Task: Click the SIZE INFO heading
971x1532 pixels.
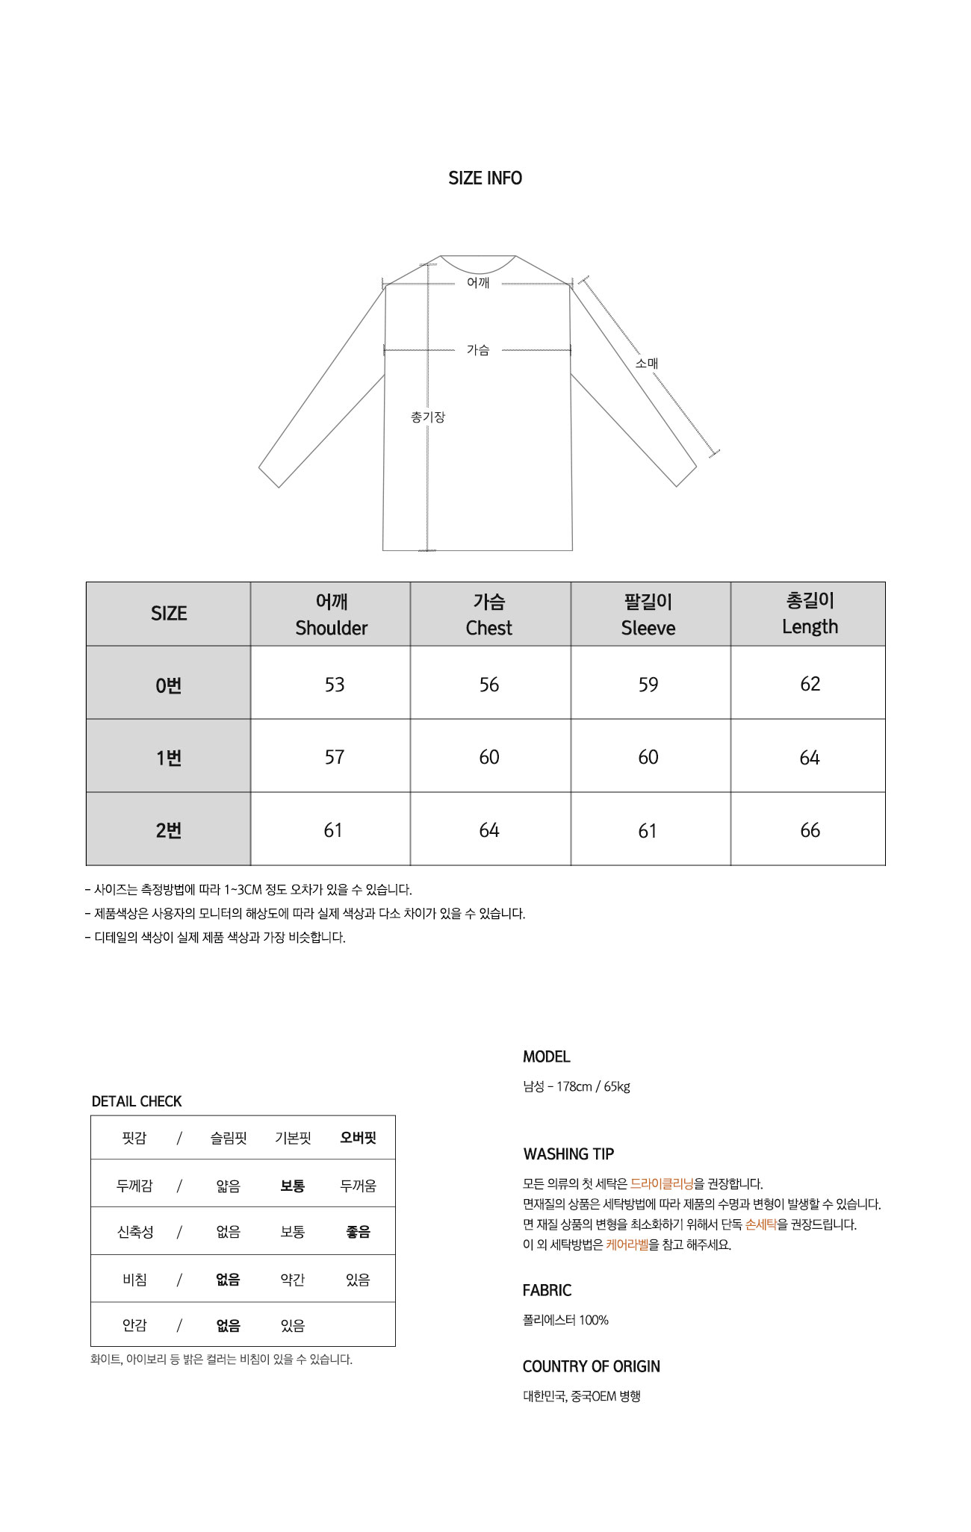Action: pos(485,178)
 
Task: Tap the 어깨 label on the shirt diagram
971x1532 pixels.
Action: pos(478,282)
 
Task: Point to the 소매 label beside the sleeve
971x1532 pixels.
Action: pos(646,364)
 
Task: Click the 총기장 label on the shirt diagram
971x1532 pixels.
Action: pos(427,417)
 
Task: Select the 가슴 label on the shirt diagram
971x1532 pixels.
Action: pos(478,349)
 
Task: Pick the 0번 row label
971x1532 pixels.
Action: pos(169,685)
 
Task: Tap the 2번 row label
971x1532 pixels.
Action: pos(169,830)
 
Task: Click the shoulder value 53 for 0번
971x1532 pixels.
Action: pos(334,685)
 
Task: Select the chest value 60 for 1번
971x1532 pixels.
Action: pos(489,757)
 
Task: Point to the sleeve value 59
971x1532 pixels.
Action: pos(648,685)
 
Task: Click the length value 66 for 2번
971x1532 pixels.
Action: pos(810,830)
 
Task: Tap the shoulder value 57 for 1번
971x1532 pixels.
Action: pos(334,757)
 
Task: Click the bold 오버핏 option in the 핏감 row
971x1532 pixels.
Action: pos(358,1138)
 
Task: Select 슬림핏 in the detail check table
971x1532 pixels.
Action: pos(228,1138)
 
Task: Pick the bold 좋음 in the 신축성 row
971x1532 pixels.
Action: pos(358,1232)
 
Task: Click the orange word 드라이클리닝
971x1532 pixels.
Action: pos(662,1183)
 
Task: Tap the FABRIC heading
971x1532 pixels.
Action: pos(547,1290)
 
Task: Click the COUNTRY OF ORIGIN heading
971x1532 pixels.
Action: pos(591,1366)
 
